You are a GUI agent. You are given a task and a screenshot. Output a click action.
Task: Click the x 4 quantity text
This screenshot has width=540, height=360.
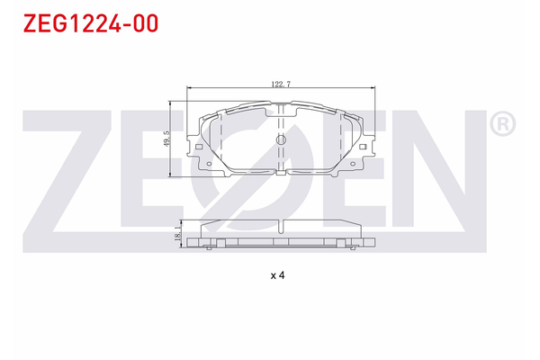click(277, 275)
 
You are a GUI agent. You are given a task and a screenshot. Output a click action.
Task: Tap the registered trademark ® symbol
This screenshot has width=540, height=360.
click(503, 124)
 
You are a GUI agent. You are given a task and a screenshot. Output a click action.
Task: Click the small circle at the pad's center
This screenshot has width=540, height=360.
click(280, 140)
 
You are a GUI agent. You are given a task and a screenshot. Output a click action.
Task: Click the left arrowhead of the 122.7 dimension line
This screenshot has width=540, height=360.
click(186, 88)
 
